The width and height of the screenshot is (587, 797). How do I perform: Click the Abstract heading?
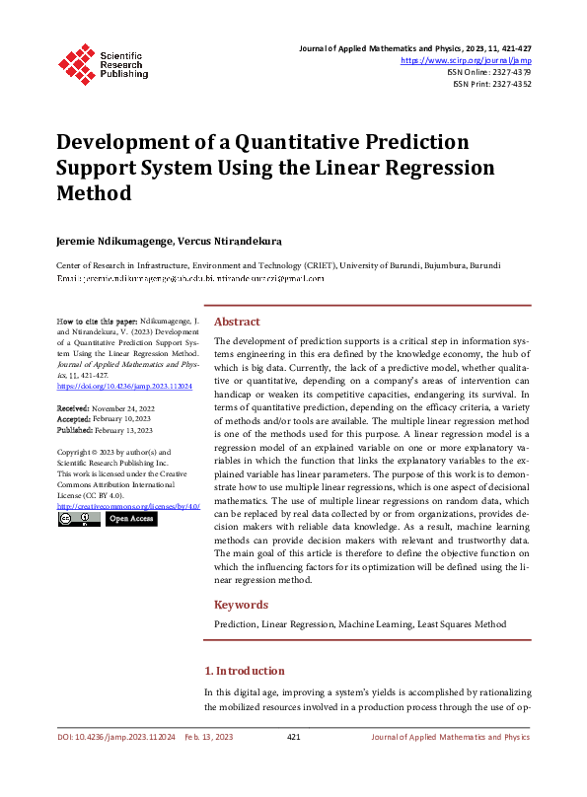[x=237, y=322]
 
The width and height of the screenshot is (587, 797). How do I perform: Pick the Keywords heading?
[x=241, y=605]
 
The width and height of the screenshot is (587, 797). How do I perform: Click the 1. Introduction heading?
[x=245, y=671]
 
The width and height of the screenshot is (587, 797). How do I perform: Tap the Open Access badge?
[x=131, y=519]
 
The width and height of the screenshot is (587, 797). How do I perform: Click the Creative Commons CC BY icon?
[x=79, y=519]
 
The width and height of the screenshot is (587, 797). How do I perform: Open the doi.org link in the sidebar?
[x=123, y=388]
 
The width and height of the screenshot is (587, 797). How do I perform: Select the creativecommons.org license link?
[x=127, y=506]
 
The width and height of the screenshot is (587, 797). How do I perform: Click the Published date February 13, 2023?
[x=118, y=429]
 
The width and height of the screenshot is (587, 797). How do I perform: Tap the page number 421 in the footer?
[x=293, y=737]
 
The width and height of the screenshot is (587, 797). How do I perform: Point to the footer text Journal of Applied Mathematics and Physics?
[x=450, y=737]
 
